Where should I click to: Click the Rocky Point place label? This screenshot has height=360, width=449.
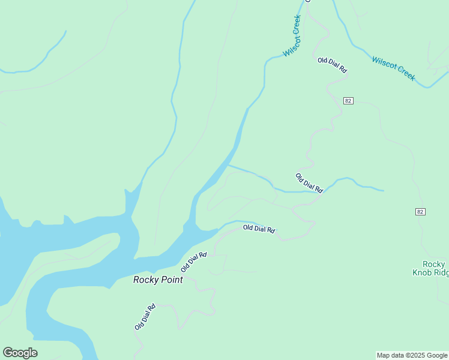(158, 280)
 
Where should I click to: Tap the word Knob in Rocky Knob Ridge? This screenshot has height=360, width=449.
(424, 272)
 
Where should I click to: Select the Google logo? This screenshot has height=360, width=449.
(20, 353)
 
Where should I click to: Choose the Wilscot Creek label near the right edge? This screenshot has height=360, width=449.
(393, 68)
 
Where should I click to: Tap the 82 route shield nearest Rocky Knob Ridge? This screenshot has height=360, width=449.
(420, 212)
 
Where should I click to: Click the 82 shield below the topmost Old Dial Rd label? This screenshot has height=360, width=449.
(348, 101)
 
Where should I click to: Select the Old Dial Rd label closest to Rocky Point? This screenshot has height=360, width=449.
(194, 263)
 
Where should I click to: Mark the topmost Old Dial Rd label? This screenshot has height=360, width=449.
(333, 65)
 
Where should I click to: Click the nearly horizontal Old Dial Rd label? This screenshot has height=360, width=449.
(259, 229)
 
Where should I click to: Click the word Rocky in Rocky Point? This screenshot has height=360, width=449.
(145, 280)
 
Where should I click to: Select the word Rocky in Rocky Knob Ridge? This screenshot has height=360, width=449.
(434, 264)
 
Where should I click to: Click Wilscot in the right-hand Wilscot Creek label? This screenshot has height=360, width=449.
(384, 64)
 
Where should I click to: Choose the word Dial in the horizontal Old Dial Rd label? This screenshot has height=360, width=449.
(259, 229)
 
